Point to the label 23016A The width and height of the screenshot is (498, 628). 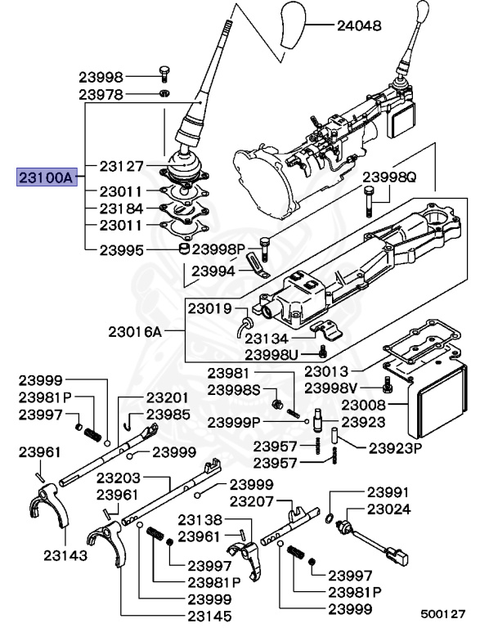(x=135, y=332)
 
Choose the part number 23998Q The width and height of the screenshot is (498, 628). (x=389, y=177)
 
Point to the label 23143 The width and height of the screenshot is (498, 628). (x=65, y=554)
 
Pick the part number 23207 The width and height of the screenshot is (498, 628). (x=251, y=500)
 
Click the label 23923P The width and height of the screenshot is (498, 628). (x=395, y=448)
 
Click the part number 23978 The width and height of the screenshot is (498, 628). (x=101, y=95)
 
